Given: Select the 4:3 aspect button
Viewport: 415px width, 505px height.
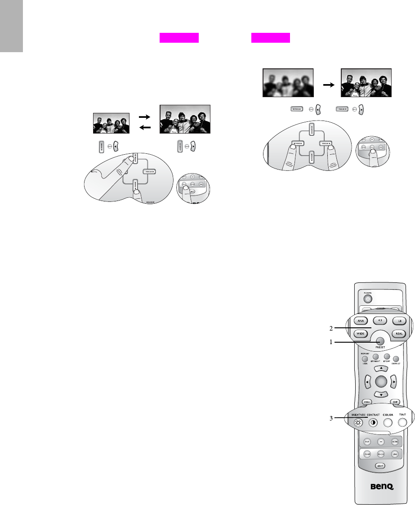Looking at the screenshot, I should pos(379,321).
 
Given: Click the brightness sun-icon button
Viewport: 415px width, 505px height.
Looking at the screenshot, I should pos(358,423).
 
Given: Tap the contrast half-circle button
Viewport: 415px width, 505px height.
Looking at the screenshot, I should pos(373,423).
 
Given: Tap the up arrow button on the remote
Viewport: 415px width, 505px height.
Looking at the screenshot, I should pos(380,368).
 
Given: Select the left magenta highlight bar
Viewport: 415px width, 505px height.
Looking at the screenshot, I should pos(179,38).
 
